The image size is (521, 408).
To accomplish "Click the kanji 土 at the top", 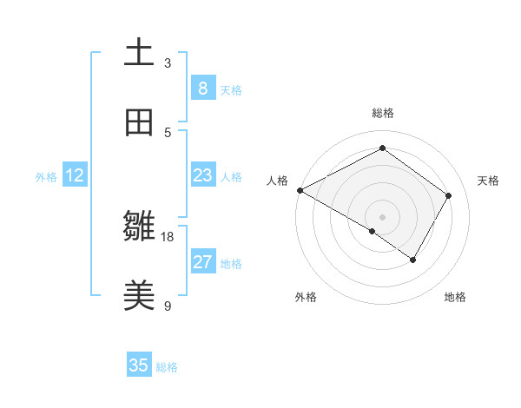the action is (x=140, y=52).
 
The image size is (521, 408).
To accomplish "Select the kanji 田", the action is (x=140, y=122).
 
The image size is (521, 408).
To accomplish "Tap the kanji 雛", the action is (x=140, y=227).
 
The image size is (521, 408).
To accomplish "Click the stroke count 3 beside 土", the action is (x=168, y=63).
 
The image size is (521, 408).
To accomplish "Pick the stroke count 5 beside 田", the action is (x=168, y=132).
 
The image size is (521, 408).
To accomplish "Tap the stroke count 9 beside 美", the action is (x=168, y=306).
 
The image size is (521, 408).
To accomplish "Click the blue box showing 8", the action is (x=202, y=88).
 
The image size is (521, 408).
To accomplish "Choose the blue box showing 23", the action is (x=202, y=175).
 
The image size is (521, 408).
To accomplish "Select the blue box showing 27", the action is (x=202, y=262).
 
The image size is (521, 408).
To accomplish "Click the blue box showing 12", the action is (x=75, y=175).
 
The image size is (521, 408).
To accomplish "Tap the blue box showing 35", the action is (x=139, y=365).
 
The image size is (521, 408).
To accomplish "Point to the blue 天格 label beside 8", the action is (x=231, y=89).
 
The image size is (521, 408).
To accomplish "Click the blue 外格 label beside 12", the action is (x=46, y=177).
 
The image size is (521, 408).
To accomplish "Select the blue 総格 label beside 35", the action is (x=167, y=367).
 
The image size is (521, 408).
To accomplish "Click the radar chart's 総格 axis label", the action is (x=383, y=113).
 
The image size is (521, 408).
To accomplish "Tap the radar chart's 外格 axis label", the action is (x=306, y=297).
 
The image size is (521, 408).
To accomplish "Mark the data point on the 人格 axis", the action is (x=300, y=190).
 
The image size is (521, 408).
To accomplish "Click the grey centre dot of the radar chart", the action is (x=383, y=216).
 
